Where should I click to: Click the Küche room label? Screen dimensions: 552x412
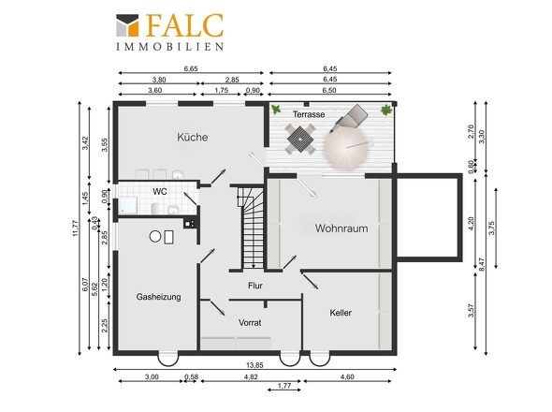192,137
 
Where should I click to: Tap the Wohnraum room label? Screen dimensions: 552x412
341,228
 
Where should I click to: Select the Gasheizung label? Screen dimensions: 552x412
158,297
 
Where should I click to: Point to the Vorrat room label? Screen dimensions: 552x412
250,322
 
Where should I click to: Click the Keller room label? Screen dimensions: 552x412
341,313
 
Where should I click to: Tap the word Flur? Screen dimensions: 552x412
255,286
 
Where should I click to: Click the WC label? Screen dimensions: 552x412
160,192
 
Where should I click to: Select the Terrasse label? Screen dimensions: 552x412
309,114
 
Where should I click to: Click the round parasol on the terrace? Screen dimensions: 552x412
347,148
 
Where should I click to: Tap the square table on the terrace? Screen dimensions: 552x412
300,140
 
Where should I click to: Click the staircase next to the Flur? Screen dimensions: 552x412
252,228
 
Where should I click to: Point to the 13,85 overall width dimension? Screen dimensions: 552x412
254,365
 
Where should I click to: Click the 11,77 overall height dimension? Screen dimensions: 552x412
75,228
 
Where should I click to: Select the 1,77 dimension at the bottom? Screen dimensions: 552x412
284,386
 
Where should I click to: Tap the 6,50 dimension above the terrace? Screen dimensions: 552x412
329,90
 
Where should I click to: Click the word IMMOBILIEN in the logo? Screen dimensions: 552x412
170,47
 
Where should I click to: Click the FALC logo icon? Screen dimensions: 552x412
127,25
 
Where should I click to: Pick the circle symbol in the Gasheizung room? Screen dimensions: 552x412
155,237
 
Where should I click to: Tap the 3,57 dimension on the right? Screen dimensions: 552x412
472,311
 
